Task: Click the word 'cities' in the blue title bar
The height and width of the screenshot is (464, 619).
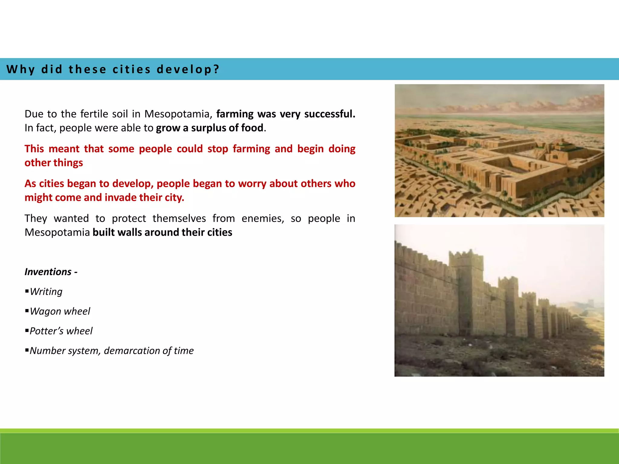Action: click(x=131, y=69)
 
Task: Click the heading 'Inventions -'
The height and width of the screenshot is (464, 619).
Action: click(x=51, y=272)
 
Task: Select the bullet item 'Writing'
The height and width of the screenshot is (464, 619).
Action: click(x=46, y=292)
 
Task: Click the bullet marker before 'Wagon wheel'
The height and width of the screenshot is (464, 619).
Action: click(x=27, y=311)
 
